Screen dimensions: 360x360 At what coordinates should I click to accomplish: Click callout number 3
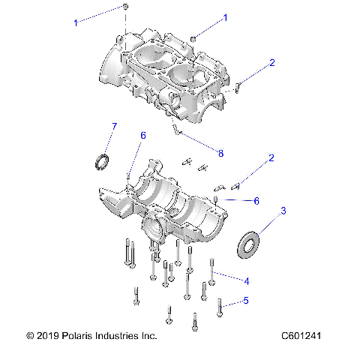coord(283,212)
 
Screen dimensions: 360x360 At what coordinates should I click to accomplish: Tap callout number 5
coord(244,301)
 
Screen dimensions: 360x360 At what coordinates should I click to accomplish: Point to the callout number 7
coord(113,125)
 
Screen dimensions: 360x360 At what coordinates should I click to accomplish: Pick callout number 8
coord(220,153)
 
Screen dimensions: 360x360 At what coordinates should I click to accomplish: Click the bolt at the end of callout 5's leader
coord(219,305)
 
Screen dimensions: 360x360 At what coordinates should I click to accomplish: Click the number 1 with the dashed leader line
coord(75,23)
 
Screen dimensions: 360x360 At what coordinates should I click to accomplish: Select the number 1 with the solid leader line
coord(225,16)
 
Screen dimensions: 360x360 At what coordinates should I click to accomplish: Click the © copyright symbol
coord(29,337)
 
